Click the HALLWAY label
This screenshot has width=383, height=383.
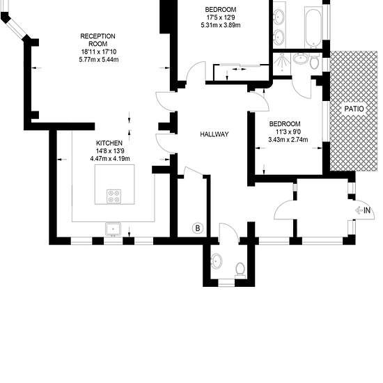point(214,134)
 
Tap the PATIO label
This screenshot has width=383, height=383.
point(354,109)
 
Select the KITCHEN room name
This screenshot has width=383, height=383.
point(109,143)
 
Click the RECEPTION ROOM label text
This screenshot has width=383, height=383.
point(97,40)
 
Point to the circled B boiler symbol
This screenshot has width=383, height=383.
point(198,228)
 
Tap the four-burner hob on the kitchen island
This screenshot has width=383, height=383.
point(114,196)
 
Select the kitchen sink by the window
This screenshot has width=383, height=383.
point(113,229)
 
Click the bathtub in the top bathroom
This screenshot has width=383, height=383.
point(313,27)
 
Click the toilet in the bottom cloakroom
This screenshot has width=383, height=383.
point(241,270)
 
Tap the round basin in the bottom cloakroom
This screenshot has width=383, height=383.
point(217,261)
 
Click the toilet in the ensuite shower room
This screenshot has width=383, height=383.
point(315,61)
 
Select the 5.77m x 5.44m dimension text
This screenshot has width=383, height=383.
point(99,59)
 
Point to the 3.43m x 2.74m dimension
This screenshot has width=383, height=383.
point(288,140)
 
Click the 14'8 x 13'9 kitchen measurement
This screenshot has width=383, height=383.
point(110,150)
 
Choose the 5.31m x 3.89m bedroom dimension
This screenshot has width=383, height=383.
point(221,25)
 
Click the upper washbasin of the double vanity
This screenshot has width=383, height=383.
point(279,16)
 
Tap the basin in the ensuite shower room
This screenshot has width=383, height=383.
point(300,59)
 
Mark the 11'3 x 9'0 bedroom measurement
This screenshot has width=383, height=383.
point(288,132)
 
